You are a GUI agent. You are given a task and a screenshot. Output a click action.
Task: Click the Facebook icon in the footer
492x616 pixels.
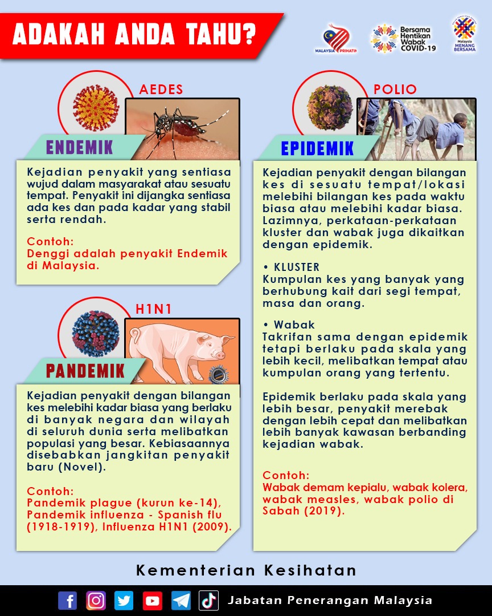point(67,601)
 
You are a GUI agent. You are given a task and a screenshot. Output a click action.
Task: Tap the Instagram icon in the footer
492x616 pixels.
point(96,601)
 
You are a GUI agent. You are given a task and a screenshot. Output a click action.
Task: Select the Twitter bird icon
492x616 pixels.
point(124,601)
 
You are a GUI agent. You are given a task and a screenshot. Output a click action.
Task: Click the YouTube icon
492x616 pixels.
point(153,601)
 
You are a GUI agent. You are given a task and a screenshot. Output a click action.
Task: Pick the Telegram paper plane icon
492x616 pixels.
point(181,601)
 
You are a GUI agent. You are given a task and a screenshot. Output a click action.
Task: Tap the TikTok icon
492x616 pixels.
point(209,601)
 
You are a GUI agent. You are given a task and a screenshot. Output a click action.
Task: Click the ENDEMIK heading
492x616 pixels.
point(80,147)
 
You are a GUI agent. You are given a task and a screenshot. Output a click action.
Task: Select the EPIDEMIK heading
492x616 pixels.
point(317,148)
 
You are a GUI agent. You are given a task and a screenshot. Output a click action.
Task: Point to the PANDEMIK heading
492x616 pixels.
point(85,371)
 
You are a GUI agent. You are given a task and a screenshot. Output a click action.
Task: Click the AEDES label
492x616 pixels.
point(161,90)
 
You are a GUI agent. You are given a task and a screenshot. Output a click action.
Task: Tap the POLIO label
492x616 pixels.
point(395,90)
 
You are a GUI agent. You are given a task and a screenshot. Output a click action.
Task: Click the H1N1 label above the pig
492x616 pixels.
point(154,309)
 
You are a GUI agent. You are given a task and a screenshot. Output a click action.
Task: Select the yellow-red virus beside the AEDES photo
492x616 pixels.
point(96,108)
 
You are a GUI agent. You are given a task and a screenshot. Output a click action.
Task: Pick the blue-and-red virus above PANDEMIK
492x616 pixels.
point(96,333)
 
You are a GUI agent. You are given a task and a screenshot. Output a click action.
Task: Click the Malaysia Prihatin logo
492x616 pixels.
point(336,39)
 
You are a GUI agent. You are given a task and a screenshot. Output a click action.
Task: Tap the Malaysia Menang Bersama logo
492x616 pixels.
point(465,35)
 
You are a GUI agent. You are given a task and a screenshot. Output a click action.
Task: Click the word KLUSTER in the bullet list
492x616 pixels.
point(297,267)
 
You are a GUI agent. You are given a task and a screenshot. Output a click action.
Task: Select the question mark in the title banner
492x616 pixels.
point(247,34)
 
